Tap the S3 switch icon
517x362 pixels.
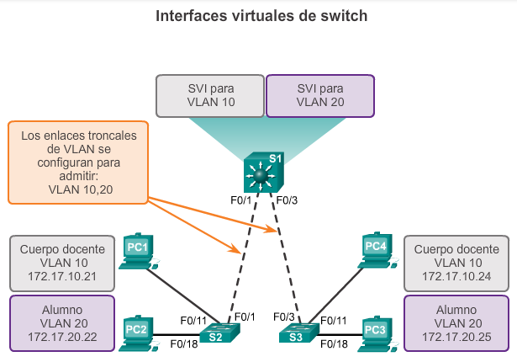coord(298,333)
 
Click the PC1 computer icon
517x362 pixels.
coord(136,251)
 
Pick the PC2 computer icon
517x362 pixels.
coord(136,330)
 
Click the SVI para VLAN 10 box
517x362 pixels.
coord(209,94)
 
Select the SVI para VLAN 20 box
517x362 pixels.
coord(320,94)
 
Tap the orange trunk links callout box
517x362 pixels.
coord(78,162)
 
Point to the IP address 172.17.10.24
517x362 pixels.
coord(456,276)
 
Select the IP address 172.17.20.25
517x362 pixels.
coord(456,337)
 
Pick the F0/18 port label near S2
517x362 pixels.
coord(184,343)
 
